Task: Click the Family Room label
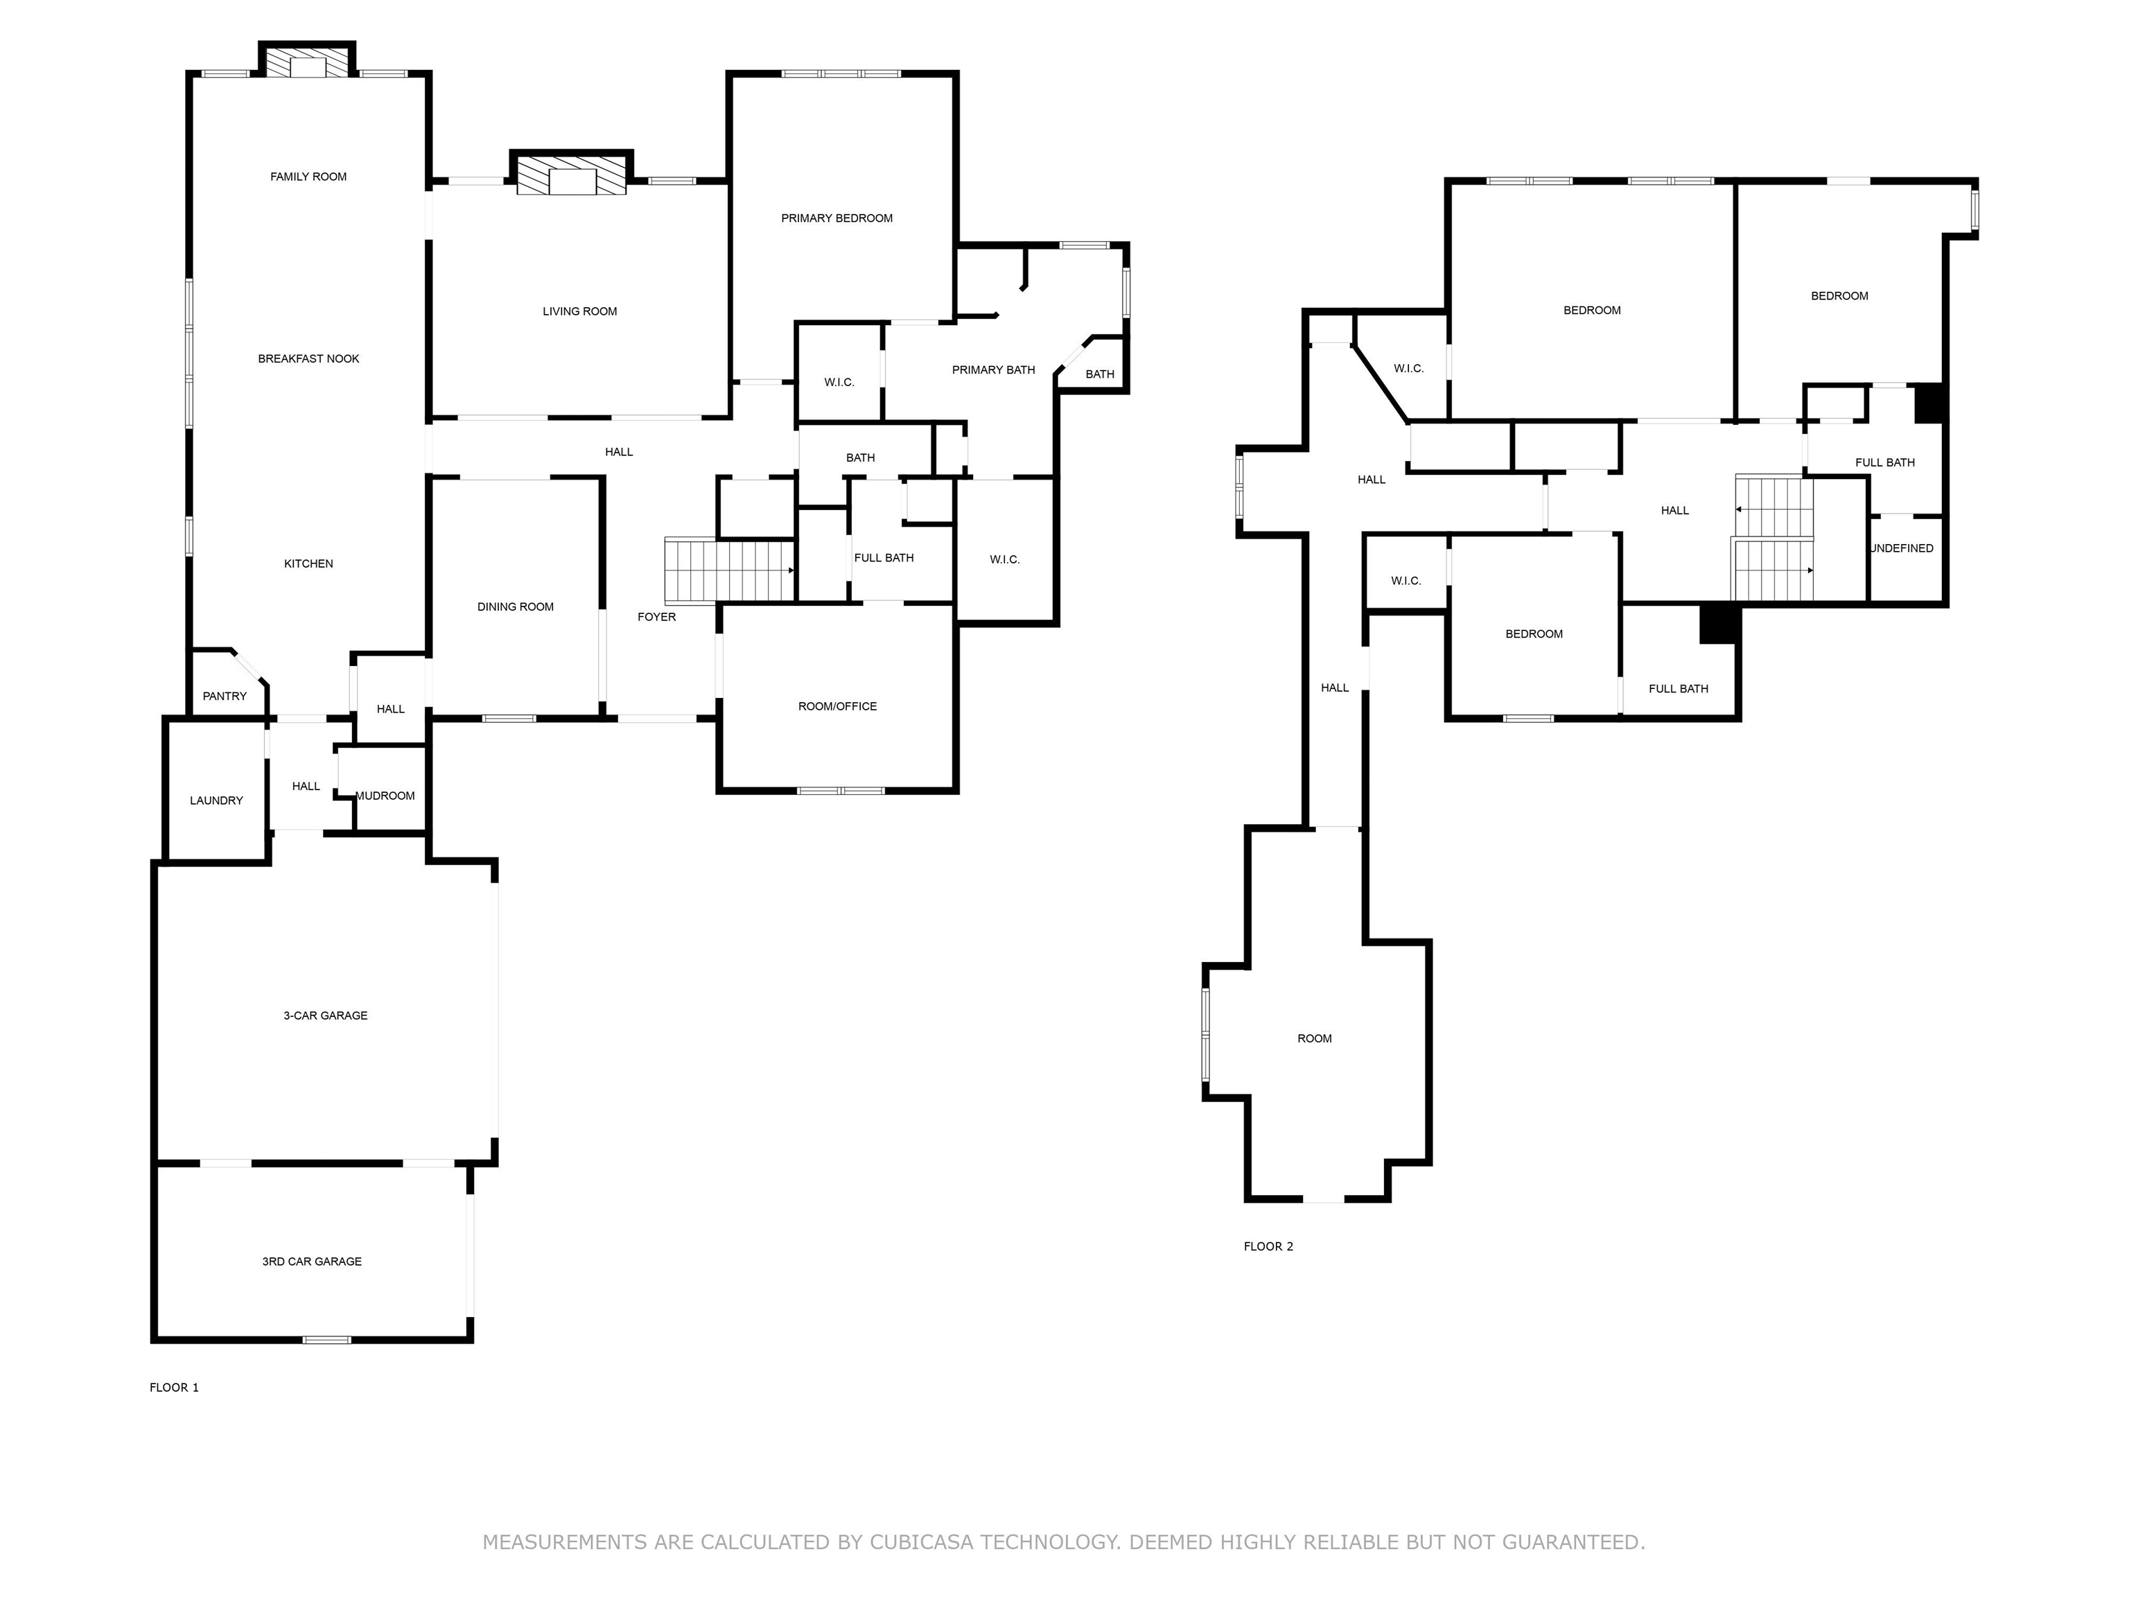click(x=308, y=177)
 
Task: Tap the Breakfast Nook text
click(x=308, y=359)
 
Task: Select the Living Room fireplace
click(x=572, y=174)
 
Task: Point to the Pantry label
click(x=225, y=696)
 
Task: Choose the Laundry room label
click(x=216, y=801)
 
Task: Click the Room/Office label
click(x=837, y=706)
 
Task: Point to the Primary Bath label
click(x=993, y=369)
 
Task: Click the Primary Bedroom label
click(x=836, y=218)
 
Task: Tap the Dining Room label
click(x=515, y=607)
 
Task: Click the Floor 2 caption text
click(x=1268, y=1246)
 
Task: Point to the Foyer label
click(x=656, y=617)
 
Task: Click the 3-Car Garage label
click(x=325, y=1015)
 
